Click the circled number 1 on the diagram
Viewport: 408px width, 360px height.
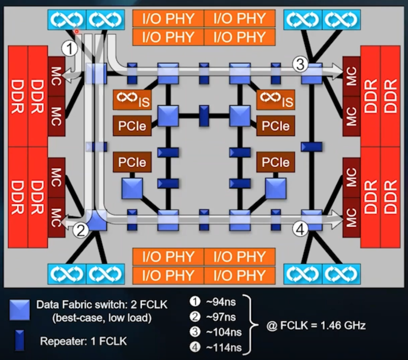coord(70,48)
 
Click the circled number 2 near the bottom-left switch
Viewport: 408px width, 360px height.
coord(81,231)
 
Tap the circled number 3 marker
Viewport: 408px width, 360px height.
coord(300,65)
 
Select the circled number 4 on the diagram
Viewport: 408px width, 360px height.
coord(300,229)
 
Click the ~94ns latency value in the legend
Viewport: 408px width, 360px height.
coord(220,302)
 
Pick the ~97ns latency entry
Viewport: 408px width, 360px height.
coord(220,317)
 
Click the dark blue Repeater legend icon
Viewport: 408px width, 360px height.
coord(19,341)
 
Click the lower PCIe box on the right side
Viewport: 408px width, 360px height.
coord(276,161)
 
